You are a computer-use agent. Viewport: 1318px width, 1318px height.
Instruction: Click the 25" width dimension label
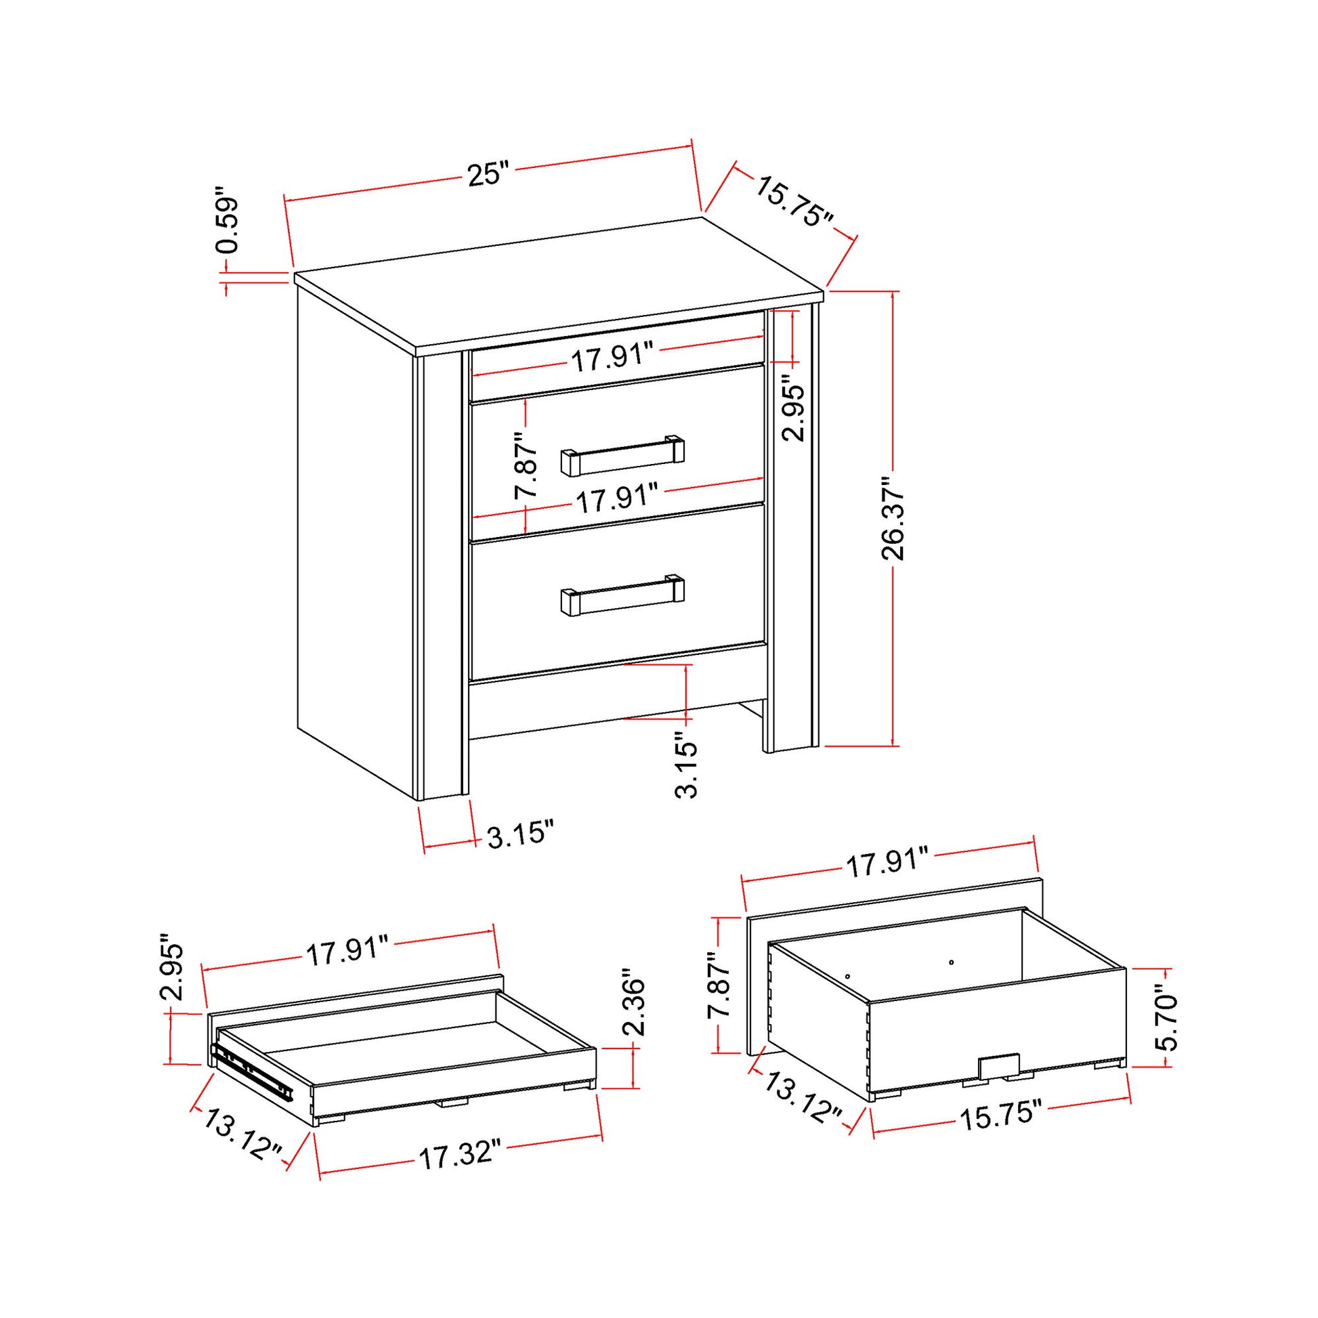coord(488,174)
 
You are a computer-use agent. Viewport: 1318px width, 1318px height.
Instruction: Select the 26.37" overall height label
coord(893,519)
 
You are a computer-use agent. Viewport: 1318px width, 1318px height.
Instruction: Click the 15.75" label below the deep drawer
coord(1000,1118)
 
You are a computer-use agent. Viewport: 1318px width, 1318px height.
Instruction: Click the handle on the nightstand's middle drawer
coord(622,455)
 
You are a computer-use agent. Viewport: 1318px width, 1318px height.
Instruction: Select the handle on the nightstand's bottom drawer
coord(622,594)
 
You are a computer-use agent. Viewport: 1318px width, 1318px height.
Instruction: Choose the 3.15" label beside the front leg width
coord(520,834)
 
